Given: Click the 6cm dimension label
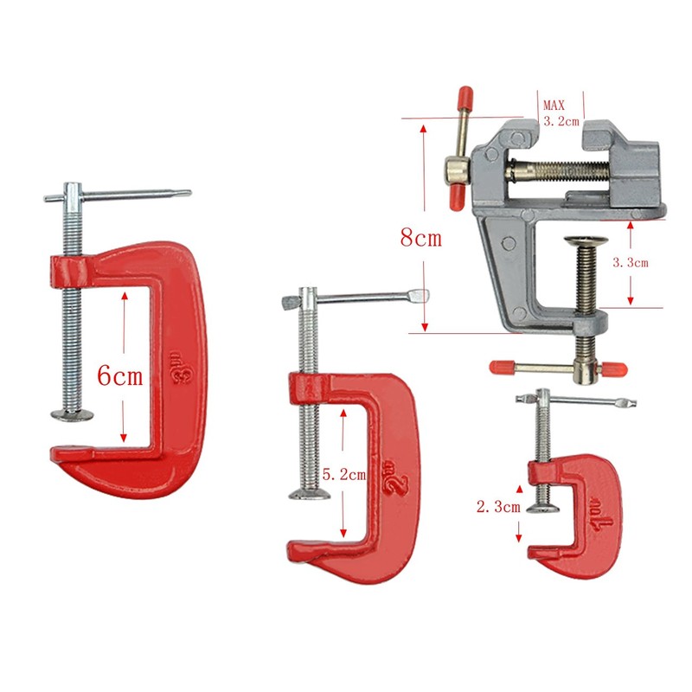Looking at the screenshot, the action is (120, 376).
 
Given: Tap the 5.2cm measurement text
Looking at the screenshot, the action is (344, 475).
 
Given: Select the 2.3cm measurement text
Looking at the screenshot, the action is (498, 507).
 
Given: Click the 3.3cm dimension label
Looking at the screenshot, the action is (631, 263).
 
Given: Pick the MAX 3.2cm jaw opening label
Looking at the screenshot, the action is (561, 113).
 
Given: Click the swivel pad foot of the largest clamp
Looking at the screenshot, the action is (73, 414).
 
